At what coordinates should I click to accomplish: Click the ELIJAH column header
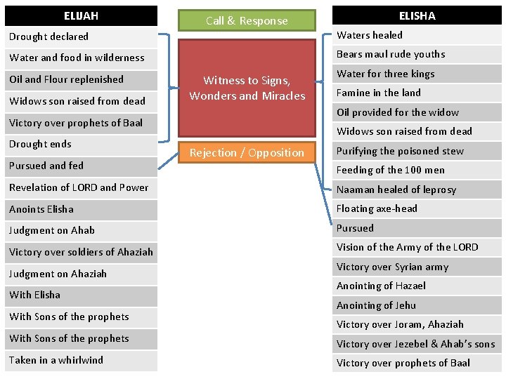click(x=81, y=15)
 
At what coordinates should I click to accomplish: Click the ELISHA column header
click(x=417, y=15)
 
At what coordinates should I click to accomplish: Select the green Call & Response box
click(x=247, y=20)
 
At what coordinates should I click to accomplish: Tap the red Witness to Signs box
click(x=247, y=88)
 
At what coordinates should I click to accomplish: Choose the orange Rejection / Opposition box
click(x=247, y=152)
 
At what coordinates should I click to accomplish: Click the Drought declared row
click(x=81, y=36)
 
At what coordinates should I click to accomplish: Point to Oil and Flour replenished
click(x=81, y=79)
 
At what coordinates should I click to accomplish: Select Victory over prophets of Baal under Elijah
click(x=81, y=123)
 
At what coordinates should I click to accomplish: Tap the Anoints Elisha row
click(x=81, y=209)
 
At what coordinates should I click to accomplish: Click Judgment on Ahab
click(x=81, y=230)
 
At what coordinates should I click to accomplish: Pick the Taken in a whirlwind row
click(x=81, y=360)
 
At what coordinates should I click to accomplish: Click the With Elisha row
click(x=81, y=295)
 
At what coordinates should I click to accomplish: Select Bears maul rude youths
click(x=417, y=54)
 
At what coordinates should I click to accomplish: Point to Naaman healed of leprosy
click(x=417, y=189)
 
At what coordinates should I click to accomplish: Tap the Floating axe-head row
click(x=417, y=208)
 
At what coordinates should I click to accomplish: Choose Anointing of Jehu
click(x=417, y=305)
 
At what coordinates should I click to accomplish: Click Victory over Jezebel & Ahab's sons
click(x=417, y=344)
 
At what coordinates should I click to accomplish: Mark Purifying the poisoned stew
click(x=417, y=151)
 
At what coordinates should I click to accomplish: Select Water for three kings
click(x=417, y=74)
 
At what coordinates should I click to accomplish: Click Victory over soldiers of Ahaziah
click(x=81, y=252)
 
